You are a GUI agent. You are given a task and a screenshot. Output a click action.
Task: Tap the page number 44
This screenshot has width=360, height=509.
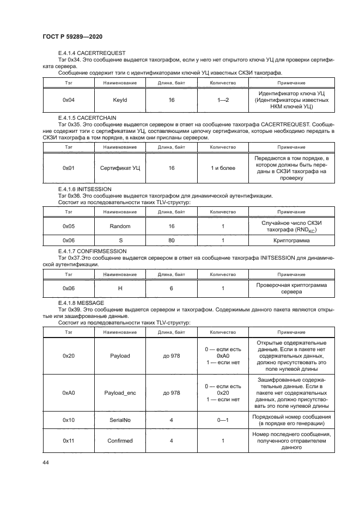(46, 463)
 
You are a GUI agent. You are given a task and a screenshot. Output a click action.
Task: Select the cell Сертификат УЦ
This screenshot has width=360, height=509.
(120, 168)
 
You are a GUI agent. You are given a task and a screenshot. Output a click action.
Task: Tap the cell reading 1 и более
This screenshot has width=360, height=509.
(223, 168)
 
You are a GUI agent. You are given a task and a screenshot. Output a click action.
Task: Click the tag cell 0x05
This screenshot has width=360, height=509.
(68, 225)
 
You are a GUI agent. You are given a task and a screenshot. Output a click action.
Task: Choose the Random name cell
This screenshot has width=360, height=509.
(120, 225)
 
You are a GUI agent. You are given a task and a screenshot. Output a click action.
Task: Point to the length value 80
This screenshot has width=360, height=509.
(172, 240)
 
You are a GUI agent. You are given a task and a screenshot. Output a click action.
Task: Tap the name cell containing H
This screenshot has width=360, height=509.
(120, 288)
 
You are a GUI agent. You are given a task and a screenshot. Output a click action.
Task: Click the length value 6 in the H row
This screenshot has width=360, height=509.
(172, 288)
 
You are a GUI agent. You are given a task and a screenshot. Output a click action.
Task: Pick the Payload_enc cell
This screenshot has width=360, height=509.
(120, 393)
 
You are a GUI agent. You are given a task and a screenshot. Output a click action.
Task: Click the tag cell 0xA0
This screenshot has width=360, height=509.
(68, 393)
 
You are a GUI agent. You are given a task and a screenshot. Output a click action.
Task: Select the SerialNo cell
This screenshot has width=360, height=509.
(120, 420)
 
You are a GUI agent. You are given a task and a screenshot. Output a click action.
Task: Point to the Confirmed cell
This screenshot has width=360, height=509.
(120, 441)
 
